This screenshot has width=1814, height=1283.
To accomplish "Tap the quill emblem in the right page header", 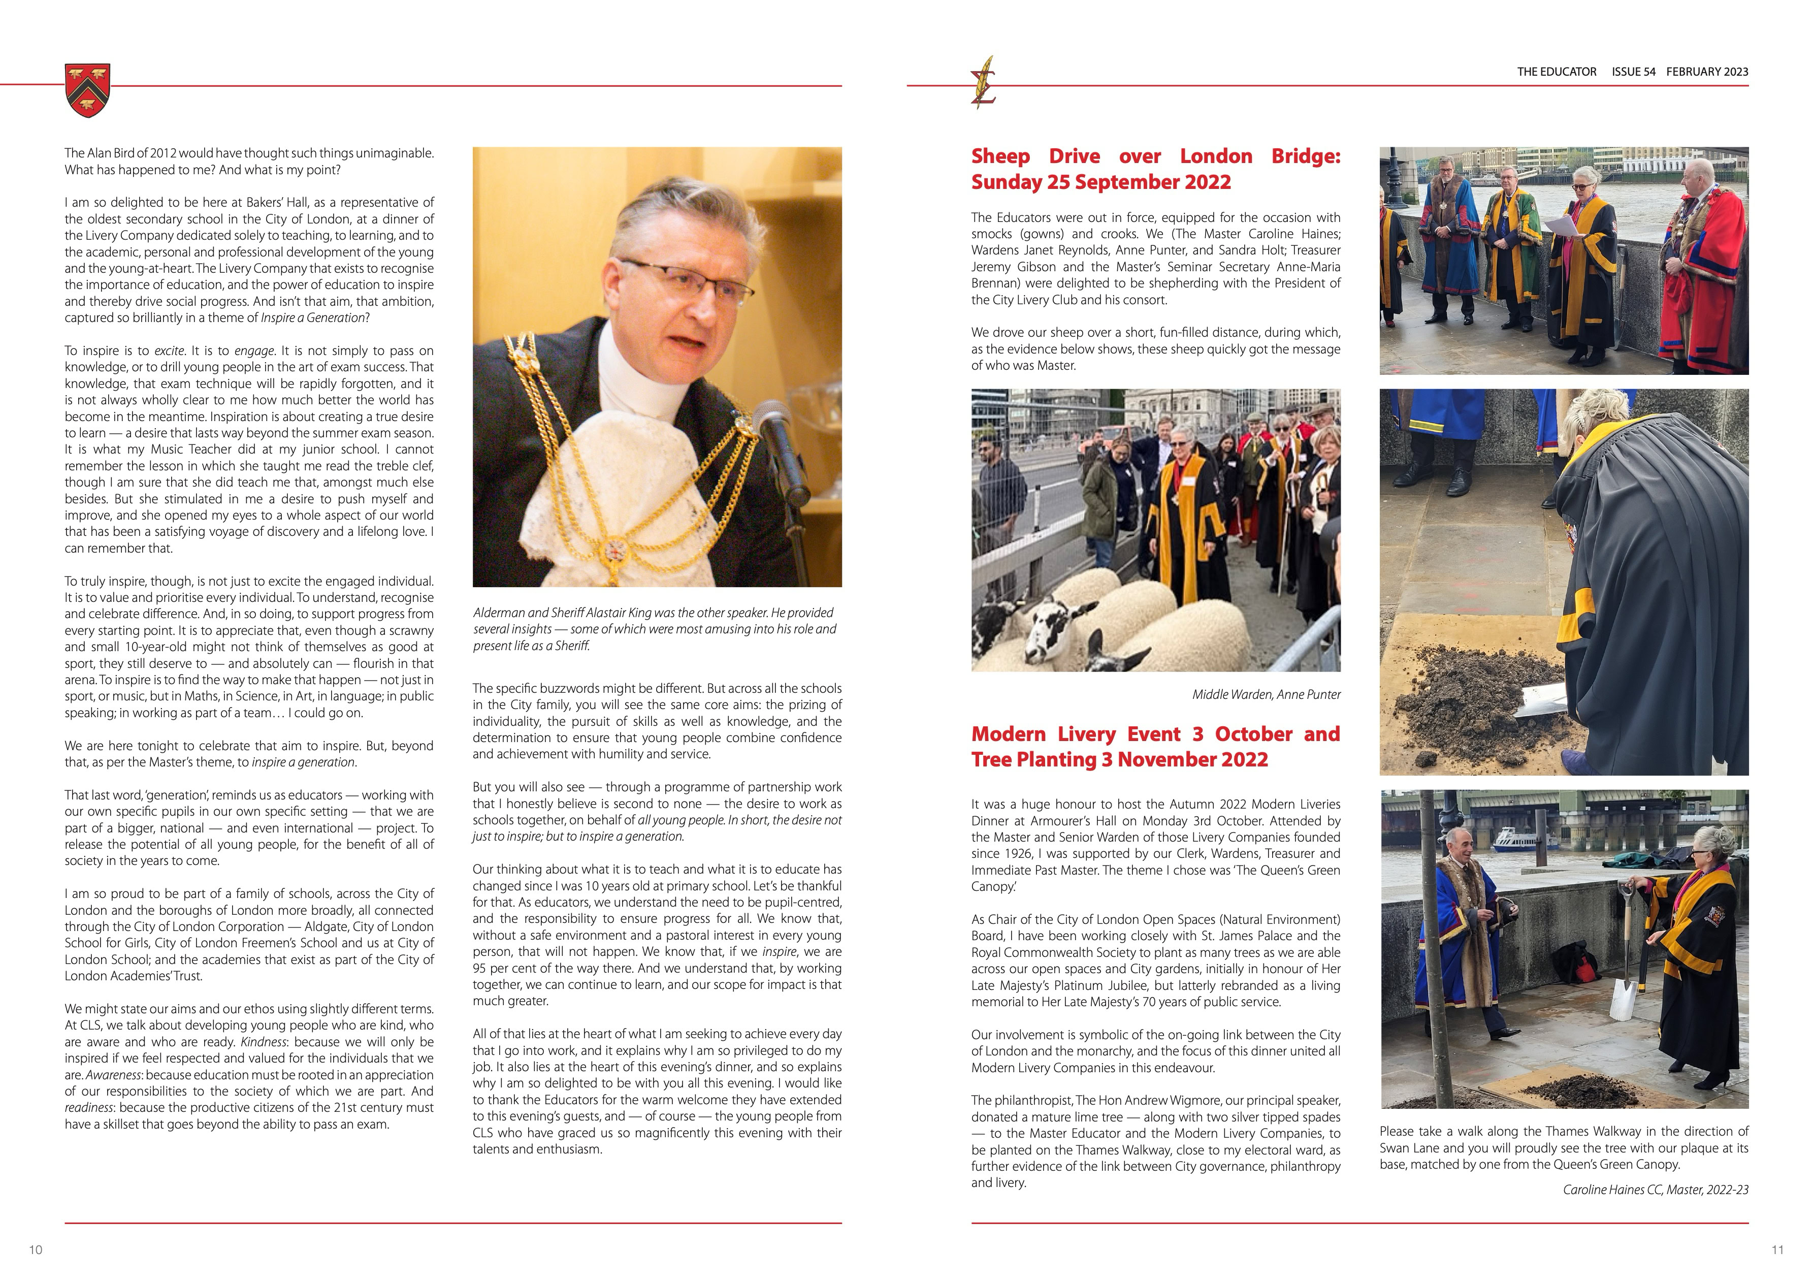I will coord(984,82).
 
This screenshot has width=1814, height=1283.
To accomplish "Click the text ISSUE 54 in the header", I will coord(1633,72).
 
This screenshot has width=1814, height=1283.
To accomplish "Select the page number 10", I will coord(36,1250).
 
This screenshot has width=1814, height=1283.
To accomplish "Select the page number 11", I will coord(1777,1250).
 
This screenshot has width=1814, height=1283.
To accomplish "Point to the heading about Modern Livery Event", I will coord(1155,747).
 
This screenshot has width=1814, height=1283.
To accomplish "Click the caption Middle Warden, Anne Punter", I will coord(1266,694).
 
